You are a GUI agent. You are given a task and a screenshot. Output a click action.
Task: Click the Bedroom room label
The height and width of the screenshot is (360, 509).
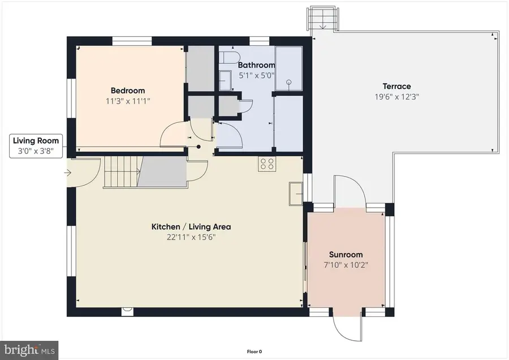pyautogui.click(x=127, y=91)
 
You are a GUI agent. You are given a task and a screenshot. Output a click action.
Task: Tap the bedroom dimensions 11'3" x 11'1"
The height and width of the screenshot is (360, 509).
pyautogui.click(x=127, y=101)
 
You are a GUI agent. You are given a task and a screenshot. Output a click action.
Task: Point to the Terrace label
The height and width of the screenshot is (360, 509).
pyautogui.click(x=396, y=86)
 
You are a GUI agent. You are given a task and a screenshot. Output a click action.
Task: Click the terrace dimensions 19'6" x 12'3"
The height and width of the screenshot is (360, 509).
pyautogui.click(x=396, y=96)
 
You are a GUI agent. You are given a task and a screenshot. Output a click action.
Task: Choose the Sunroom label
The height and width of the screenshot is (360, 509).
pyautogui.click(x=346, y=255)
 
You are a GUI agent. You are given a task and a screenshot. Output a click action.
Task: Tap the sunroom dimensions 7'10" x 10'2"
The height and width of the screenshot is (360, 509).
pyautogui.click(x=346, y=265)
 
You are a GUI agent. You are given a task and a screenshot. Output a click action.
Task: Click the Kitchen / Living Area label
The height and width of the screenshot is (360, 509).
pyautogui.click(x=191, y=227)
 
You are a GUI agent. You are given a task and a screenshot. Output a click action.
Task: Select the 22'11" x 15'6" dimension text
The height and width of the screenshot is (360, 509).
pyautogui.click(x=191, y=237)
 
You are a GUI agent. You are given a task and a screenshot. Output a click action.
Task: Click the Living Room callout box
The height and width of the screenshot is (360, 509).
pyautogui.click(x=36, y=145)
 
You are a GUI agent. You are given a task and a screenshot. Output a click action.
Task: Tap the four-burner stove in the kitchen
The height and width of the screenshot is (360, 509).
pyautogui.click(x=267, y=164)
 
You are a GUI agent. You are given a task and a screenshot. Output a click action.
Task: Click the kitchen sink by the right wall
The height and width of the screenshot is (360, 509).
pyautogui.click(x=295, y=193)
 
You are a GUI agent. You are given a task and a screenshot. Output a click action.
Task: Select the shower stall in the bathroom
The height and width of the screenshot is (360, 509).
pyautogui.click(x=288, y=68)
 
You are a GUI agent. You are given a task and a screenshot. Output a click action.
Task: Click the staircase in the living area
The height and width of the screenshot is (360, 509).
pyautogui.click(x=121, y=172)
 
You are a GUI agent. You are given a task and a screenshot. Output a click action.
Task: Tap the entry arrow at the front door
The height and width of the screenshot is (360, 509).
pyautogui.click(x=68, y=174)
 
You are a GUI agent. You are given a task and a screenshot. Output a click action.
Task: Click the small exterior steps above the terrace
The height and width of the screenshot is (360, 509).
pyautogui.click(x=322, y=18)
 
